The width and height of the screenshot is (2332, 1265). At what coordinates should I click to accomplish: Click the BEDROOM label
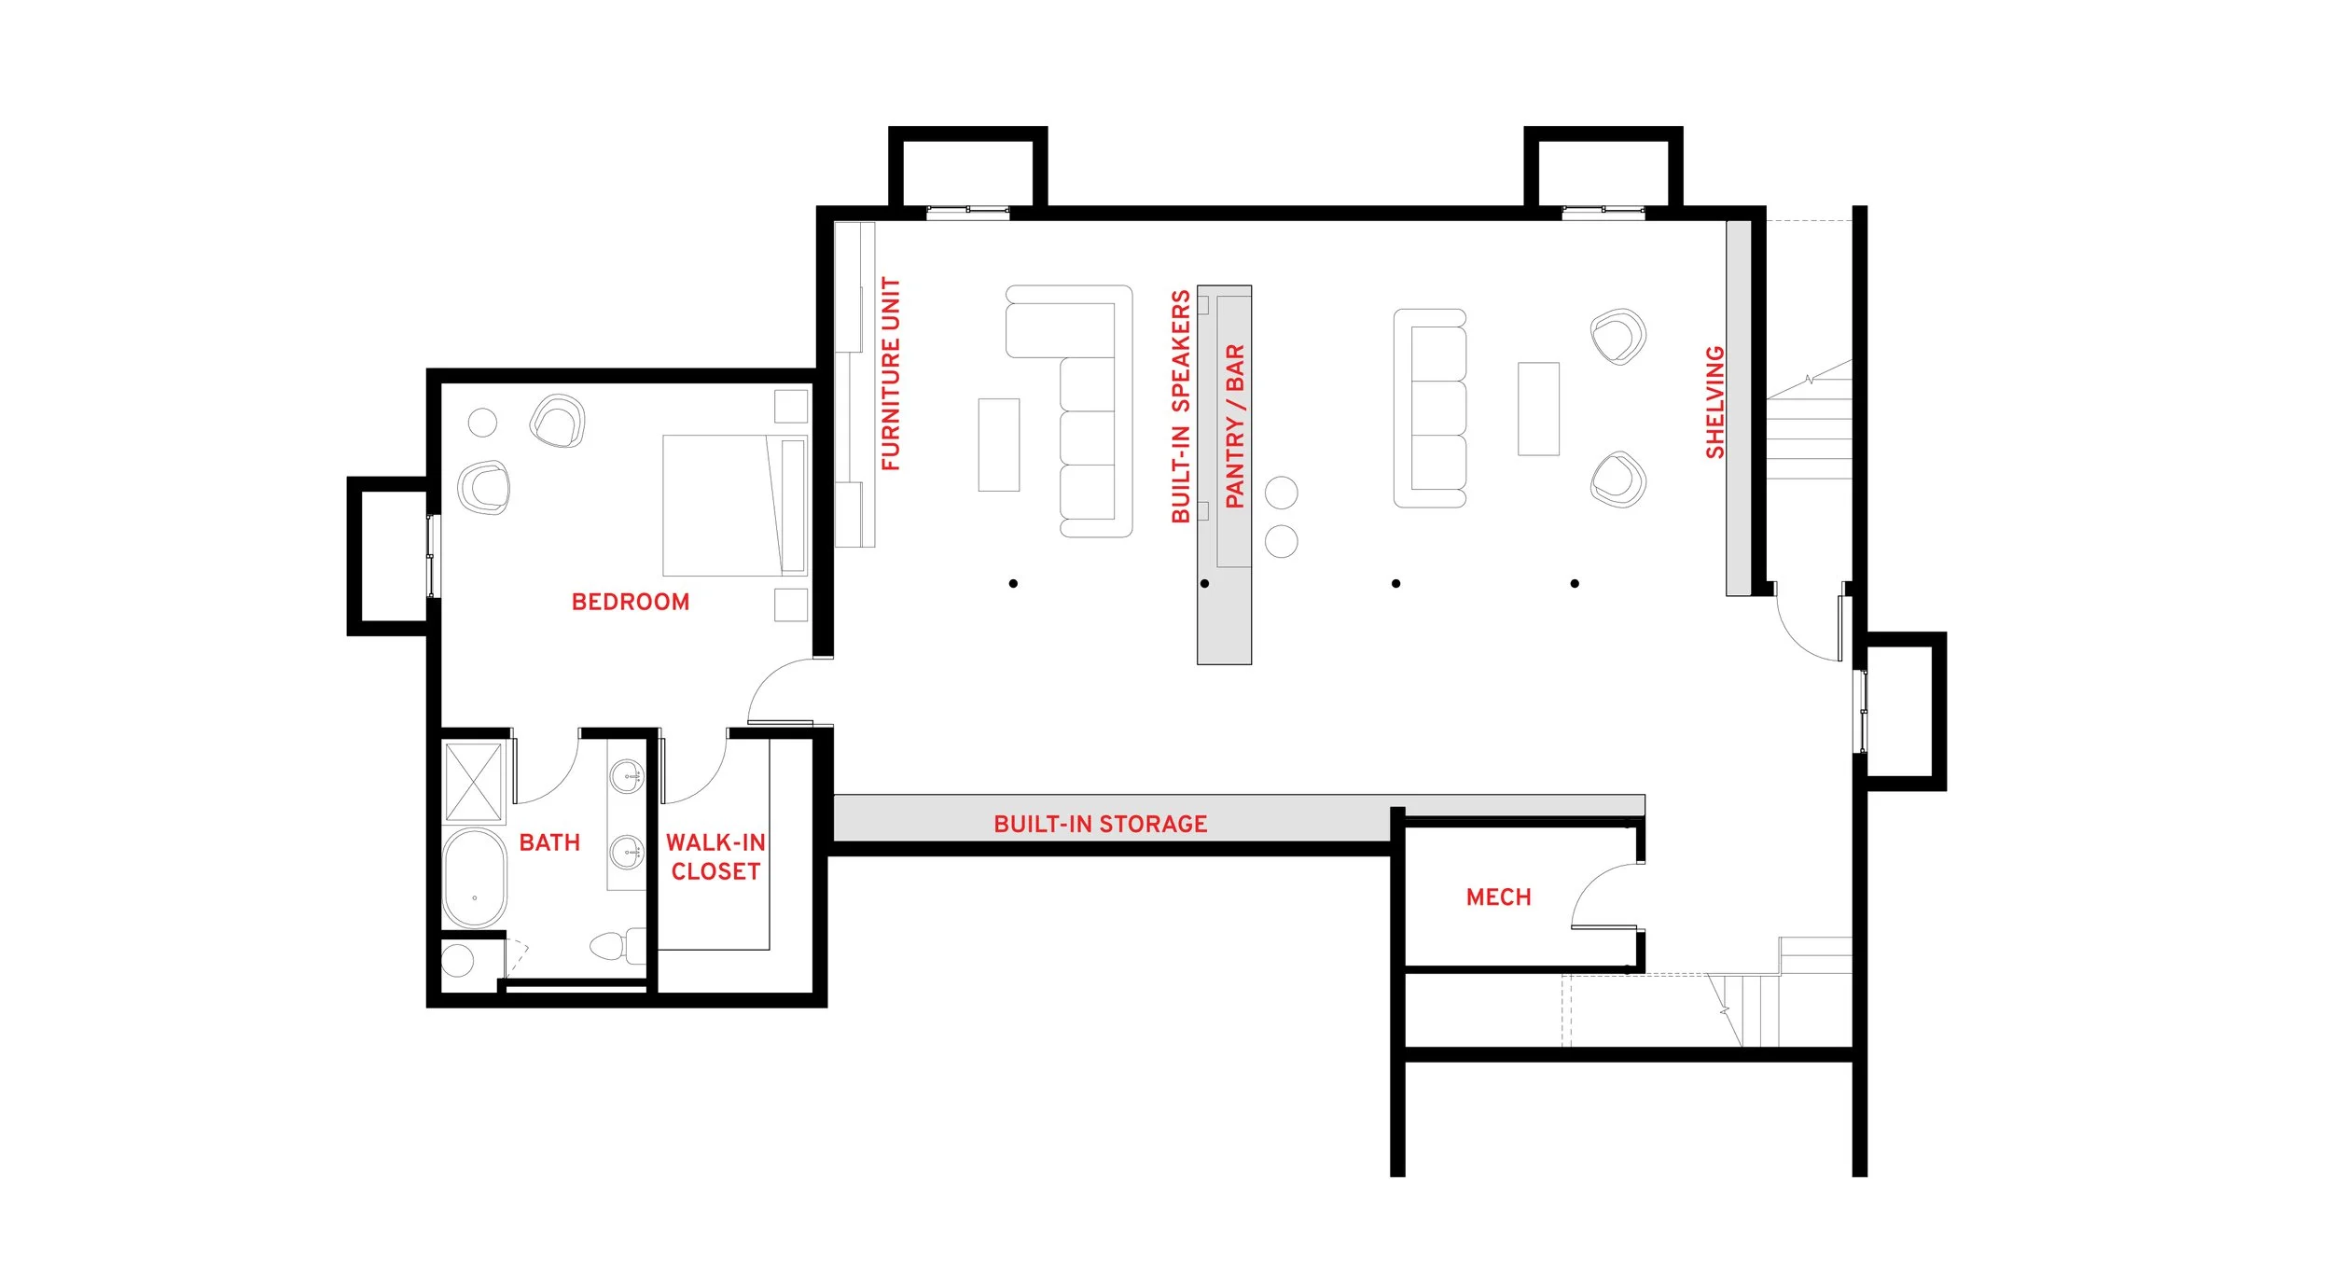tap(630, 602)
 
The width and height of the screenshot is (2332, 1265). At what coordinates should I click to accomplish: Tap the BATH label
tap(549, 842)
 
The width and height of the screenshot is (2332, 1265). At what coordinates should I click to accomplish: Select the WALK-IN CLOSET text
tap(715, 856)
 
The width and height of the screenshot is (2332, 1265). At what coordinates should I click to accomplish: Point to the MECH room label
tap(1498, 897)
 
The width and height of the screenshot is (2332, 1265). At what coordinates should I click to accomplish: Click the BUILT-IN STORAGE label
tap(1100, 824)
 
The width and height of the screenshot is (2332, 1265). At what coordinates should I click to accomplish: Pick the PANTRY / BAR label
tap(1234, 426)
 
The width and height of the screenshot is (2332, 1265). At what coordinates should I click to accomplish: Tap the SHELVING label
tap(1714, 402)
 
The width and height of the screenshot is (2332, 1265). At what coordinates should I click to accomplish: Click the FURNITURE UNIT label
tap(891, 374)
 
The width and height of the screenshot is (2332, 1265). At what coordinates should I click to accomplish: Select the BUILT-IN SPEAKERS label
tap(1180, 406)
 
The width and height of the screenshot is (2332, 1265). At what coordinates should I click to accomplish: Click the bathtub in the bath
tap(475, 878)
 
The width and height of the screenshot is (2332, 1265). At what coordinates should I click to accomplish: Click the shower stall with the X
tap(473, 783)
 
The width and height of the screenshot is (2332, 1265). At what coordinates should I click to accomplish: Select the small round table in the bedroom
tap(482, 423)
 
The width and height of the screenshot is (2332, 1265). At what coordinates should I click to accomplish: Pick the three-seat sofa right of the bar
tap(1429, 409)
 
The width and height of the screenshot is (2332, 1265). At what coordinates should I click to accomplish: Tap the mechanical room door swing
tap(1606, 897)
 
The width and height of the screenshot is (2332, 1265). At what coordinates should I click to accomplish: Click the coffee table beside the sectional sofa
tap(998, 445)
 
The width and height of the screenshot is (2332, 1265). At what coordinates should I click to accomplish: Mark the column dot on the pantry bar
tap(1204, 584)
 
